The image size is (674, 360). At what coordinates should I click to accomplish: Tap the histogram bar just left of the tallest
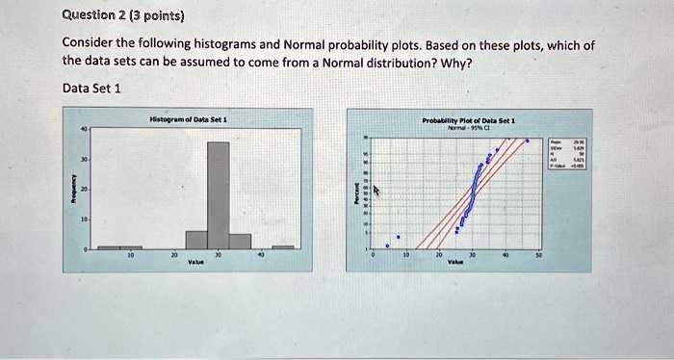[196, 239]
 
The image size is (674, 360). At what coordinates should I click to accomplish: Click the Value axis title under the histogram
[196, 263]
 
